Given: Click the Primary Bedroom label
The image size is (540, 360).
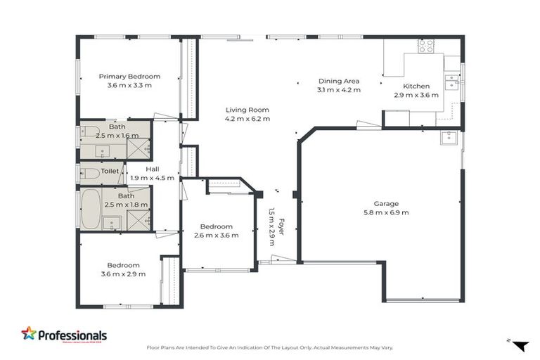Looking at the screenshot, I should click(129, 77).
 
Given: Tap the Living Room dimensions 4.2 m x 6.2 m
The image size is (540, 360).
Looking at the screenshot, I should click(247, 119).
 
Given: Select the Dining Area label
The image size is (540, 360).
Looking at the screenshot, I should click(338, 81).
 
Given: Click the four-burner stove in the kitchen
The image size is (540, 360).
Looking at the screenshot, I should click(426, 46).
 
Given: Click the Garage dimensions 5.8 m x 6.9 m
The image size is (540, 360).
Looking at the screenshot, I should click(386, 212).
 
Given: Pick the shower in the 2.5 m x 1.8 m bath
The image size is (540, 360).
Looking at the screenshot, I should click(138, 219).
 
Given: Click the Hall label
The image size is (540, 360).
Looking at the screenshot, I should click(153, 169).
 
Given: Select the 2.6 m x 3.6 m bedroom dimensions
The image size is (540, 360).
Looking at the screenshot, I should click(216, 235).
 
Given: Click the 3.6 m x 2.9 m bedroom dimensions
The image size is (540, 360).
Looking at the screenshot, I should click(123, 274).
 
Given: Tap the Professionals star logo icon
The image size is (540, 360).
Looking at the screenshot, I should click(29, 334).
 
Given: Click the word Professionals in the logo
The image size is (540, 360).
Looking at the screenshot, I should click(72, 336).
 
